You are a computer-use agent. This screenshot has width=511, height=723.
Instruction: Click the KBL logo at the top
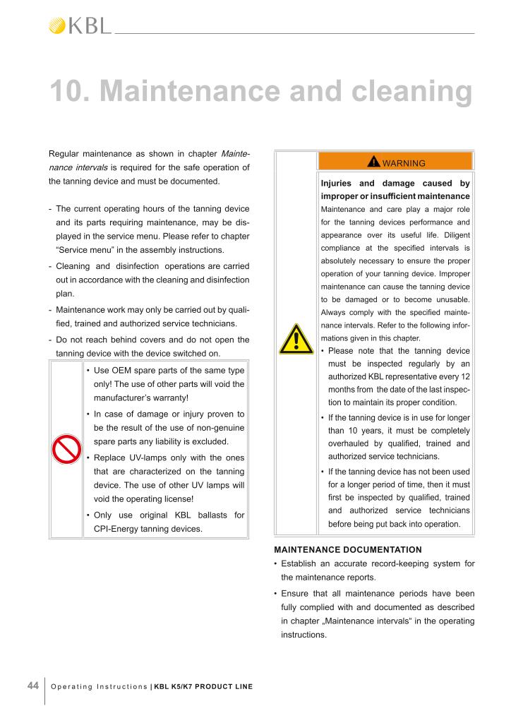pyautogui.click(x=80, y=26)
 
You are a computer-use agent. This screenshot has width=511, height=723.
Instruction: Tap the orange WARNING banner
pyautogui.click(x=395, y=162)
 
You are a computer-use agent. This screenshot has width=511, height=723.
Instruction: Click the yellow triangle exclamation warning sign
pyautogui.click(x=296, y=340)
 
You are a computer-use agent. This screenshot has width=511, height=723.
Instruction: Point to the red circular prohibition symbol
pyautogui.click(x=66, y=449)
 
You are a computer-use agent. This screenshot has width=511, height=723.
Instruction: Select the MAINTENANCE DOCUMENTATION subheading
pyautogui.click(x=347, y=549)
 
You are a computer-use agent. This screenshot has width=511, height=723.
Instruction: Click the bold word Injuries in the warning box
pyautogui.click(x=342, y=184)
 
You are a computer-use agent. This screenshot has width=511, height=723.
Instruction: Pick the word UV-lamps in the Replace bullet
pyautogui.click(x=148, y=458)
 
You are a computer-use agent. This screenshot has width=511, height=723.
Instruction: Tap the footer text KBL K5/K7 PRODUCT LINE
pyautogui.click(x=203, y=687)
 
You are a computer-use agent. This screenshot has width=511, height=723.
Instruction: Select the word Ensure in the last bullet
pyautogui.click(x=296, y=594)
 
